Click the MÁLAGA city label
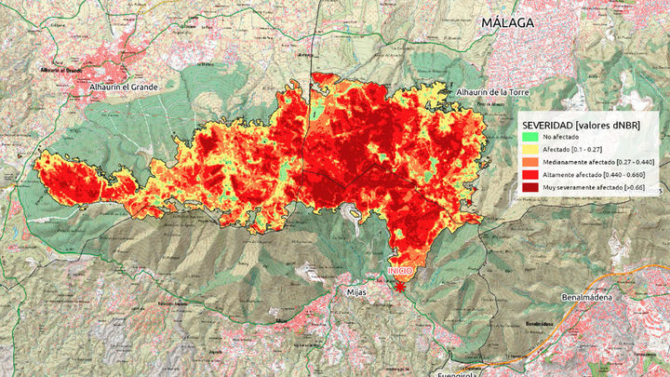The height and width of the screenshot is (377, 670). pos(507,22)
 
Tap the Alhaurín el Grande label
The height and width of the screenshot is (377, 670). pos(99,87)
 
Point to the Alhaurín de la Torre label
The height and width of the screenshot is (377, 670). pos(493,92)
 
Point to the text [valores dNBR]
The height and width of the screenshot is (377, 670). pos(610,124)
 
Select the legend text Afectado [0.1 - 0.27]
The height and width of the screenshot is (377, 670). pos(572,149)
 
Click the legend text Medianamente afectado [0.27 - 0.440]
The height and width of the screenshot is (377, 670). pos(596,162)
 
